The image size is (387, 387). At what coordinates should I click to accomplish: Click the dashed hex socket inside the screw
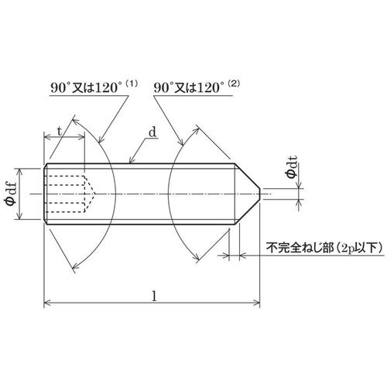[x=70, y=193]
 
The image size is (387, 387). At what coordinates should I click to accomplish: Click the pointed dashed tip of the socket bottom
[x=95, y=193]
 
